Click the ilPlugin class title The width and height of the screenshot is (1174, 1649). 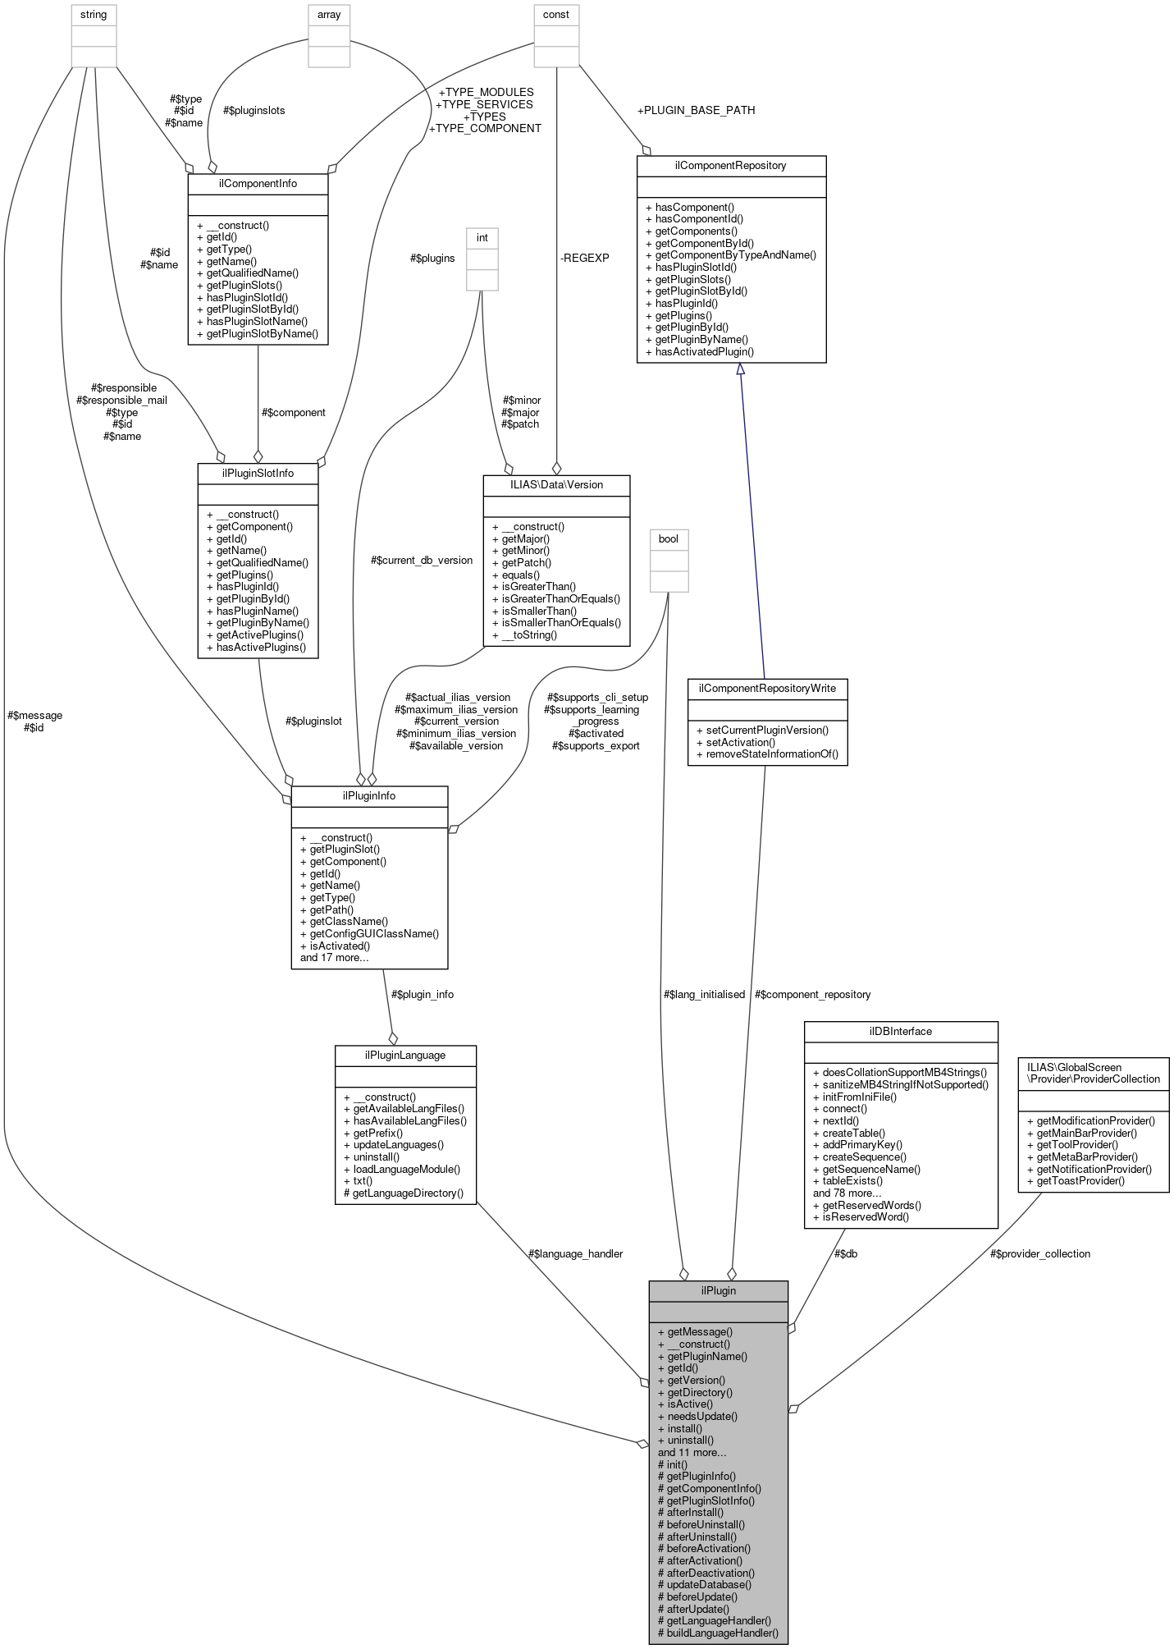tap(718, 1290)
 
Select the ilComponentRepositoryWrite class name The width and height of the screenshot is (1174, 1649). tap(767, 688)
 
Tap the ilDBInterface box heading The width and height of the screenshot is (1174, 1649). tap(900, 1031)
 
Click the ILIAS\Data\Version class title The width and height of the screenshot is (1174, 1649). tap(556, 484)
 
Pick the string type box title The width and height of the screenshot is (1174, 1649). tap(94, 15)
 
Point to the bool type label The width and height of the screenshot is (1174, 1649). tap(669, 538)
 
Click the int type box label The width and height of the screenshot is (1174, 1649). tap(482, 238)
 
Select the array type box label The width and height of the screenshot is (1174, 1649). tap(329, 15)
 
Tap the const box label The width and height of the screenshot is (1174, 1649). tap(556, 15)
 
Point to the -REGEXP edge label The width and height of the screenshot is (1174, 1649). tap(584, 258)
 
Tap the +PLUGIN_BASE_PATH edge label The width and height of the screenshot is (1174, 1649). tap(696, 110)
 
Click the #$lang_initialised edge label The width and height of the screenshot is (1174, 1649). tap(704, 994)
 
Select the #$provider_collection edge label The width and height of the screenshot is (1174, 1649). tap(1039, 1253)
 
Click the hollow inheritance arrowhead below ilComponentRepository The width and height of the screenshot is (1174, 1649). tap(740, 369)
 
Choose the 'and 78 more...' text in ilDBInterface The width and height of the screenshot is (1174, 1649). tap(847, 1193)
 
